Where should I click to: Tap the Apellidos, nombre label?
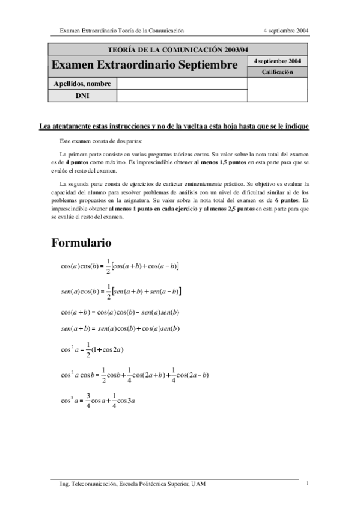coord(82,84)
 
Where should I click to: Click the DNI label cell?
coord(82,95)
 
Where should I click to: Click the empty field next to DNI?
coord(182,95)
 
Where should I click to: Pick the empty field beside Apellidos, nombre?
coord(182,84)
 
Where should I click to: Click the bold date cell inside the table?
coord(277,61)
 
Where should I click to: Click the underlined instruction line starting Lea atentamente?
coord(174,126)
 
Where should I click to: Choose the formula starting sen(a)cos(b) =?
coord(121,291)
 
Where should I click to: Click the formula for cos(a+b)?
coord(120,312)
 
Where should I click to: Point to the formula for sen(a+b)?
coord(120,328)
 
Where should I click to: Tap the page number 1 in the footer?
coord(307,483)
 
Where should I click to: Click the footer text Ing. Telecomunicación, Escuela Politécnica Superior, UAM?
coord(128,484)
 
